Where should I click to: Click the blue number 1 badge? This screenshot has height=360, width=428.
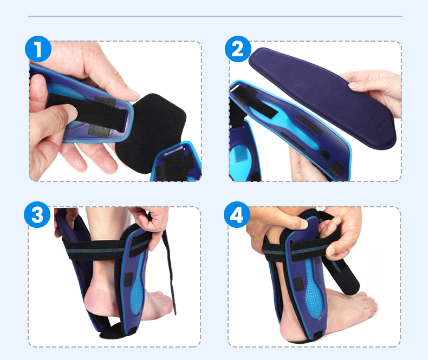click(38, 49)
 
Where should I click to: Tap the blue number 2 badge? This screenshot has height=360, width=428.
click(238, 49)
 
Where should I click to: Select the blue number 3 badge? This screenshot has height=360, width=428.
click(37, 214)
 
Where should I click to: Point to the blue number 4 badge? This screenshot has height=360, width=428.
click(237, 214)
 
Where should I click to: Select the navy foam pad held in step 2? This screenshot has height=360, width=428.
click(322, 97)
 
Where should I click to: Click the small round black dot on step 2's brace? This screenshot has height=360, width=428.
click(325, 155)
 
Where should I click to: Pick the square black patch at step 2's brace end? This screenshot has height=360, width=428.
click(336, 169)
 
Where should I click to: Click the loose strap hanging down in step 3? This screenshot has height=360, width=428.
click(170, 273)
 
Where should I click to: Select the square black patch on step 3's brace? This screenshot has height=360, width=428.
click(128, 279)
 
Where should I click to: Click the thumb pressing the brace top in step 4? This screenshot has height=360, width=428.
click(297, 222)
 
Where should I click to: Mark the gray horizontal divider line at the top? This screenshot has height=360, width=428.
click(215, 16)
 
